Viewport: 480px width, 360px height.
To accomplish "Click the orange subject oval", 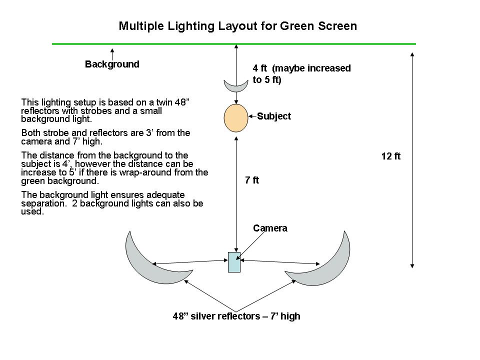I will tap(235, 118).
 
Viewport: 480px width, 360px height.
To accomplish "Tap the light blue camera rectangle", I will tap(234, 262).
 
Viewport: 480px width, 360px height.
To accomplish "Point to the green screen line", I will tap(150, 44).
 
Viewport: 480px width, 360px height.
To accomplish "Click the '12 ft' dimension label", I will tap(391, 156).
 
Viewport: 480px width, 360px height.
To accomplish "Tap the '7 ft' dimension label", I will tap(252, 180).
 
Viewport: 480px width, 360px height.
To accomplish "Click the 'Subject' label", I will tap(274, 116).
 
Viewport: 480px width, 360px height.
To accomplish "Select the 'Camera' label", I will tap(270, 228).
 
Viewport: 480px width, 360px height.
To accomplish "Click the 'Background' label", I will tap(112, 64).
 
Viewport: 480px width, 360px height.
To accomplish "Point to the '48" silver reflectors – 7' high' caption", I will tap(236, 316).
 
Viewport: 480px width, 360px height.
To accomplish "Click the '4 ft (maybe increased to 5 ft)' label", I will tap(301, 73).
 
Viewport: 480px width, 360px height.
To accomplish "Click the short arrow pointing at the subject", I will tap(252, 116).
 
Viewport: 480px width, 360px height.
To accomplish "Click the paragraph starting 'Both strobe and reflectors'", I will tap(106, 137).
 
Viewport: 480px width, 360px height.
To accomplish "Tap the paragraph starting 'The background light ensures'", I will tap(112, 203).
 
